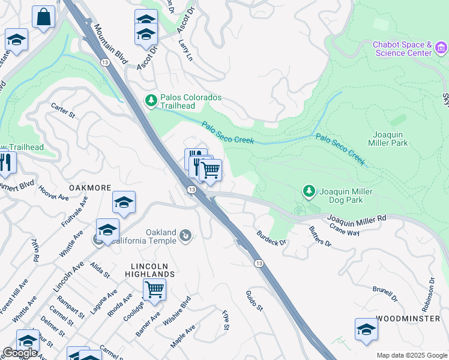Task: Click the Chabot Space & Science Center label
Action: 402,49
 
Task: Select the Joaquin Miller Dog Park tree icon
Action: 309,191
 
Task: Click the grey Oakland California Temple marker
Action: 185,236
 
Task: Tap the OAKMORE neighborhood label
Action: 90,188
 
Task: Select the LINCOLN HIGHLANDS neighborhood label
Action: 154,270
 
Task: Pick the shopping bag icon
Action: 44,17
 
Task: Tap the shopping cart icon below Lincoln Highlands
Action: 154,289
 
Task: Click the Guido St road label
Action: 254,300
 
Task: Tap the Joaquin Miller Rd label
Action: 357,221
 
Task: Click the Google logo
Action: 20,353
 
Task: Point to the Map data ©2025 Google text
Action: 411,355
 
